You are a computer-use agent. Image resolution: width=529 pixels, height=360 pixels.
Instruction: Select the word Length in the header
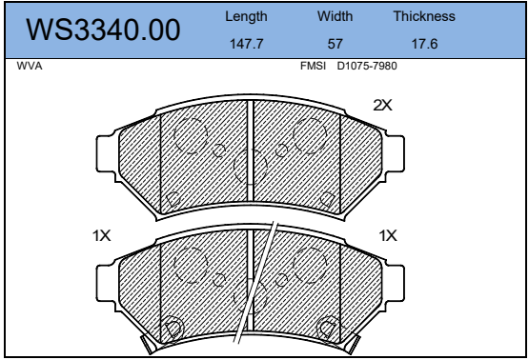tap(245, 17)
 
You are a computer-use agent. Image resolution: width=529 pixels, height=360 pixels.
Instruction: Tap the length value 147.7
tap(245, 44)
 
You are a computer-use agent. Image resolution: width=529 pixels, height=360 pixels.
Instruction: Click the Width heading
tap(335, 17)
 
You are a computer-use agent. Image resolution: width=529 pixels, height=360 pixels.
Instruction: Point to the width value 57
tap(335, 44)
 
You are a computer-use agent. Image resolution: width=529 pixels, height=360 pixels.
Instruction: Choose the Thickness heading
tap(423, 17)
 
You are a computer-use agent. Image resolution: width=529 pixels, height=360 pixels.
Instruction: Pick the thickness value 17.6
tap(423, 44)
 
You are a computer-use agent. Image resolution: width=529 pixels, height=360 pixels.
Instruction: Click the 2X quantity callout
tap(382, 106)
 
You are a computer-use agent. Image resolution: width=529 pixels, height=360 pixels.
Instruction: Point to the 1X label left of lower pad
tap(102, 235)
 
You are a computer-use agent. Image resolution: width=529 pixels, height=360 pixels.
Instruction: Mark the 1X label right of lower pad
tap(387, 235)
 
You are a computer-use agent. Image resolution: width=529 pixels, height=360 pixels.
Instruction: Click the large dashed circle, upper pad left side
tap(192, 136)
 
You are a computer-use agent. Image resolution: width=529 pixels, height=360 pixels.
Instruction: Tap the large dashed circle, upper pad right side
tap(311, 136)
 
